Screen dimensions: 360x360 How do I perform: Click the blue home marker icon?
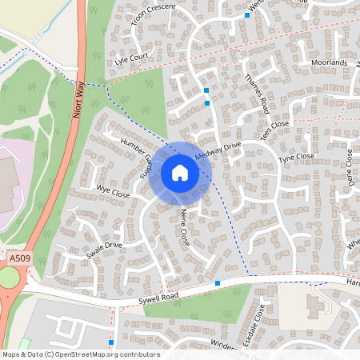point(180,172)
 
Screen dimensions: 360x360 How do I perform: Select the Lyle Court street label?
point(132,61)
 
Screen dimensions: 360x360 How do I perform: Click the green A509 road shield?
point(19,259)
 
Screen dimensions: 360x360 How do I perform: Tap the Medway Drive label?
point(217,150)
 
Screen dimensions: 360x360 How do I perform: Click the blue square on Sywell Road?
point(218,283)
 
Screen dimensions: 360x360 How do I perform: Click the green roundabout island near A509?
point(8,278)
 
